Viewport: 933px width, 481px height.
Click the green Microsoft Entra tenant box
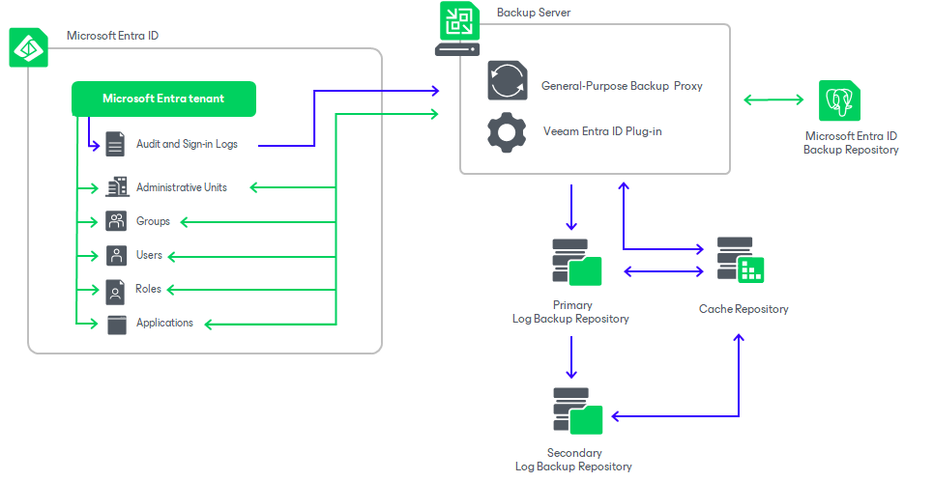(x=163, y=99)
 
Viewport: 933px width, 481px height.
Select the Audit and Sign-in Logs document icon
(x=116, y=145)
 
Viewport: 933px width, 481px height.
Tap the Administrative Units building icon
(x=116, y=187)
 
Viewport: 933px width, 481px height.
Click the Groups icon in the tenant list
(x=116, y=221)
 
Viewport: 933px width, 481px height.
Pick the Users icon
(x=116, y=256)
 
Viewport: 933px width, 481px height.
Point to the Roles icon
(x=116, y=290)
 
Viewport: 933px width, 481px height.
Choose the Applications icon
(x=116, y=324)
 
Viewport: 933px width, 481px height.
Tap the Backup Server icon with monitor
(x=456, y=29)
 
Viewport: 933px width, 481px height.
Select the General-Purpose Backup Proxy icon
(x=507, y=81)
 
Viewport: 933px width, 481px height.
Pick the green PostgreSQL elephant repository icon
(x=839, y=100)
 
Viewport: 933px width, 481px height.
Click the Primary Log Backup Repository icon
(x=575, y=262)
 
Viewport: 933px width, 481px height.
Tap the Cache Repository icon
(x=740, y=260)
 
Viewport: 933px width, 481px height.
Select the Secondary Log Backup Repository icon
(x=576, y=411)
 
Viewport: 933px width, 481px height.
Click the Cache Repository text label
(x=743, y=309)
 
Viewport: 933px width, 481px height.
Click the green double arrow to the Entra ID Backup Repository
(x=774, y=99)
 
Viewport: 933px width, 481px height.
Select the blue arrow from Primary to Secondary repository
(x=571, y=356)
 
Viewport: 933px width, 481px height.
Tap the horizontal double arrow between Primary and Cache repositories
(x=664, y=272)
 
